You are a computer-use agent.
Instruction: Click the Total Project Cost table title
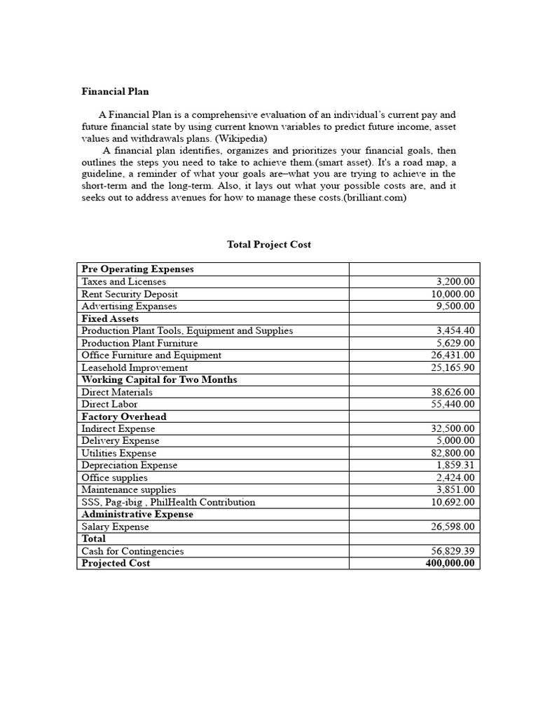[x=269, y=245]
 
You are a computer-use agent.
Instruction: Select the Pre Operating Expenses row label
[x=137, y=269]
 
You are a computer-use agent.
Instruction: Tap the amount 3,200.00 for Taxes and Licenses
[x=455, y=282]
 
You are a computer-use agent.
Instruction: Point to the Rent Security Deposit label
[x=129, y=294]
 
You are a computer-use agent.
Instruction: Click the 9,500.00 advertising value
[x=455, y=306]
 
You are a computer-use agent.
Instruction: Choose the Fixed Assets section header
[x=110, y=318]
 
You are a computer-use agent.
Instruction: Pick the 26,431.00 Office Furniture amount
[x=452, y=355]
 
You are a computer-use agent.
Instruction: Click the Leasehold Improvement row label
[x=134, y=367]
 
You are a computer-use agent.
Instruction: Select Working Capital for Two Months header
[x=159, y=379]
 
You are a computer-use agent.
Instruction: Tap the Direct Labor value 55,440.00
[x=452, y=405]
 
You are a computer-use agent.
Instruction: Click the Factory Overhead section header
[x=123, y=416]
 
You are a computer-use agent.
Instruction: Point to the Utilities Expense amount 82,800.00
[x=452, y=454]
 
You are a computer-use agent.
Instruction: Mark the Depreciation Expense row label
[x=129, y=466]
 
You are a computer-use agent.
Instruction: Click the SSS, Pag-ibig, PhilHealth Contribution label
[x=168, y=502]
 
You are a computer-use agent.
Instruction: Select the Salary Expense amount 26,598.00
[x=452, y=527]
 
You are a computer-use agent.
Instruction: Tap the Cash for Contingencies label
[x=132, y=551]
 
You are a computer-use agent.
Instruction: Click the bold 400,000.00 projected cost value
[x=449, y=564]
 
